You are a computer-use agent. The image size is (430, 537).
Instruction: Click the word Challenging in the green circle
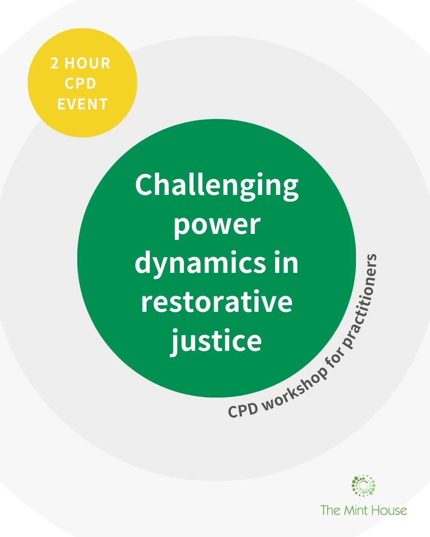pos(217,186)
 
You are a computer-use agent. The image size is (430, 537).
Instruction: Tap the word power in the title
pos(217,225)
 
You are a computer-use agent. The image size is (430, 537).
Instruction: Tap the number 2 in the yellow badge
pos(55,64)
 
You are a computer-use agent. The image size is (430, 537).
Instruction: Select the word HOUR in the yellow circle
pos(88,64)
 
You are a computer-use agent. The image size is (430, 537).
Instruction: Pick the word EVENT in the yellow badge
pos(82,105)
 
